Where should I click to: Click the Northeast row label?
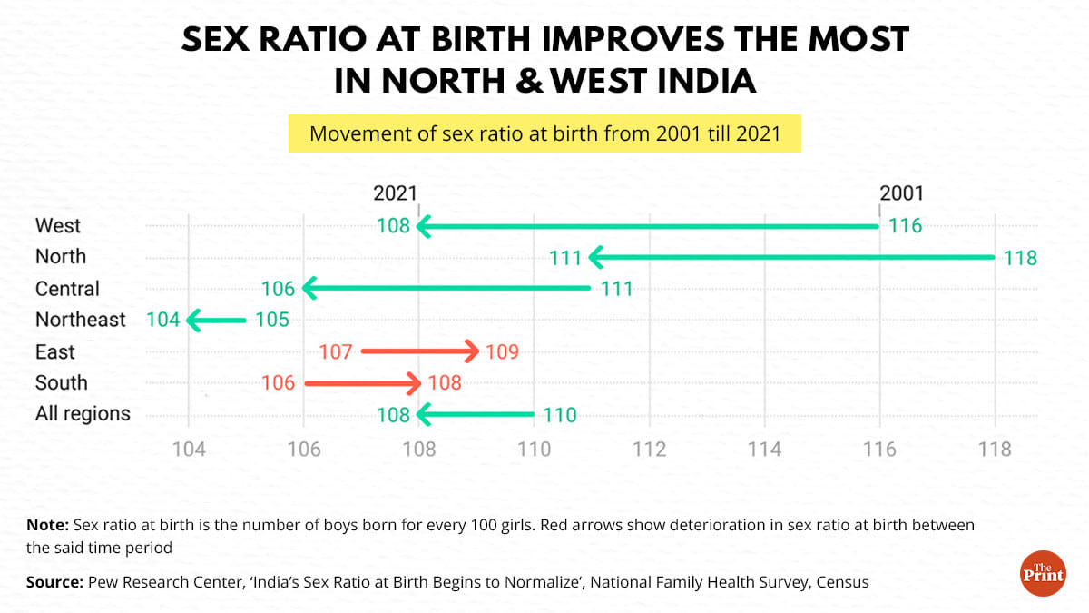click(x=81, y=320)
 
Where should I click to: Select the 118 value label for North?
click(x=1020, y=258)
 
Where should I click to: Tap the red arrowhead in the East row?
click(x=472, y=351)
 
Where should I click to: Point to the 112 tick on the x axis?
click(x=649, y=450)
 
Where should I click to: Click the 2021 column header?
click(x=395, y=193)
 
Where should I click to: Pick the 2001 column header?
click(x=901, y=193)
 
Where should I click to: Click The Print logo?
click(x=1043, y=574)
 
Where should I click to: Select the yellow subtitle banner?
click(x=544, y=133)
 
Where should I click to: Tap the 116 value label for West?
click(x=905, y=226)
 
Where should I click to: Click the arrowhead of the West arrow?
click(x=423, y=226)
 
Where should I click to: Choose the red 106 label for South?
click(x=279, y=383)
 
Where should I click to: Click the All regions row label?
click(x=83, y=414)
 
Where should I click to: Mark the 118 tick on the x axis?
click(x=996, y=450)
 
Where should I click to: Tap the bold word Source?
click(x=53, y=582)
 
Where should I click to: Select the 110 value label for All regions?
click(x=559, y=415)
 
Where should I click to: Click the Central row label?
click(x=67, y=289)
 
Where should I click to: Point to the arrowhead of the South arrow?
click(x=415, y=383)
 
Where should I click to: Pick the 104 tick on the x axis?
click(x=188, y=450)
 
